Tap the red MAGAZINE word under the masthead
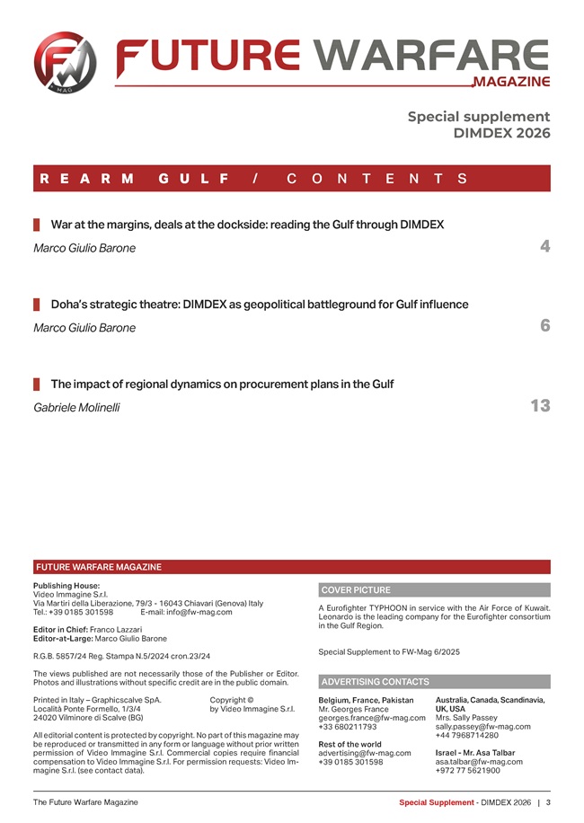pyautogui.click(x=510, y=82)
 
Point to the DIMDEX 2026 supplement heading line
pyautogui.click(x=502, y=133)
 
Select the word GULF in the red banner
pyautogui.click(x=190, y=178)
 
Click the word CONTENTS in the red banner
pyautogui.click(x=376, y=178)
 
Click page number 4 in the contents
pyautogui.click(x=544, y=246)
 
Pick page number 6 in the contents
pyautogui.click(x=544, y=326)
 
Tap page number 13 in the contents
pyautogui.click(x=540, y=406)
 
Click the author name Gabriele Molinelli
pyautogui.click(x=76, y=408)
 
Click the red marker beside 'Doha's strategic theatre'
pyautogui.click(x=37, y=305)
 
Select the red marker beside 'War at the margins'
pyautogui.click(x=37, y=224)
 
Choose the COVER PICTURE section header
pyautogui.click(x=356, y=590)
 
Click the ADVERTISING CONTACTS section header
pyautogui.click(x=376, y=682)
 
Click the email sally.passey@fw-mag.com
pyautogui.click(x=482, y=727)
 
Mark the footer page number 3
pyautogui.click(x=548, y=801)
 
